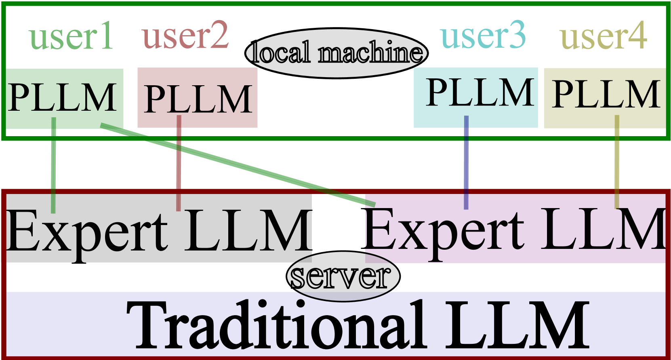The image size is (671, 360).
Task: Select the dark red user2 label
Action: (185, 36)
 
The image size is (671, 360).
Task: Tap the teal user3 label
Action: (483, 36)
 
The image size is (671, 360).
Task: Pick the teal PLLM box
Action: (476, 97)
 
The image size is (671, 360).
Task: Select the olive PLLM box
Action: (605, 97)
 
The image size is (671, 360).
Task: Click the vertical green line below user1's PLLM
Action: (53, 170)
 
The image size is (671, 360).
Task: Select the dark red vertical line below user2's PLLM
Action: (179, 170)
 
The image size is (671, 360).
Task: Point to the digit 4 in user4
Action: (638, 36)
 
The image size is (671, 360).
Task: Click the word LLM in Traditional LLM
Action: (517, 325)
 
